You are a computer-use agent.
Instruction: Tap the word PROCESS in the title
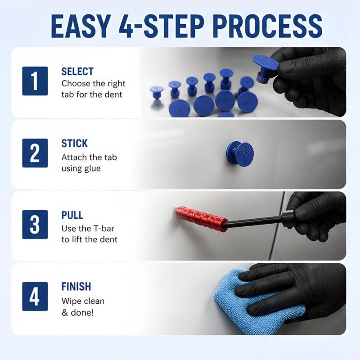268,26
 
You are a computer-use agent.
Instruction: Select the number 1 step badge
35,81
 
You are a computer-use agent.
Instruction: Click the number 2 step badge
35,153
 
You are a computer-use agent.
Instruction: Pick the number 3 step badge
35,225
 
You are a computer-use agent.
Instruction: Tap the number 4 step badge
35,297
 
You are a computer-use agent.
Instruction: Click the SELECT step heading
77,72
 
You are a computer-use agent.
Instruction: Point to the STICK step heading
74,144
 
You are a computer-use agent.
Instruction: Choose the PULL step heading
72,215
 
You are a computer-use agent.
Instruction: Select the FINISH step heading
76,287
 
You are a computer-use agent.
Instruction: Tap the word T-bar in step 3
104,229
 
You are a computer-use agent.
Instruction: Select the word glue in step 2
93,169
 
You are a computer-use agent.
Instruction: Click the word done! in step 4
82,312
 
